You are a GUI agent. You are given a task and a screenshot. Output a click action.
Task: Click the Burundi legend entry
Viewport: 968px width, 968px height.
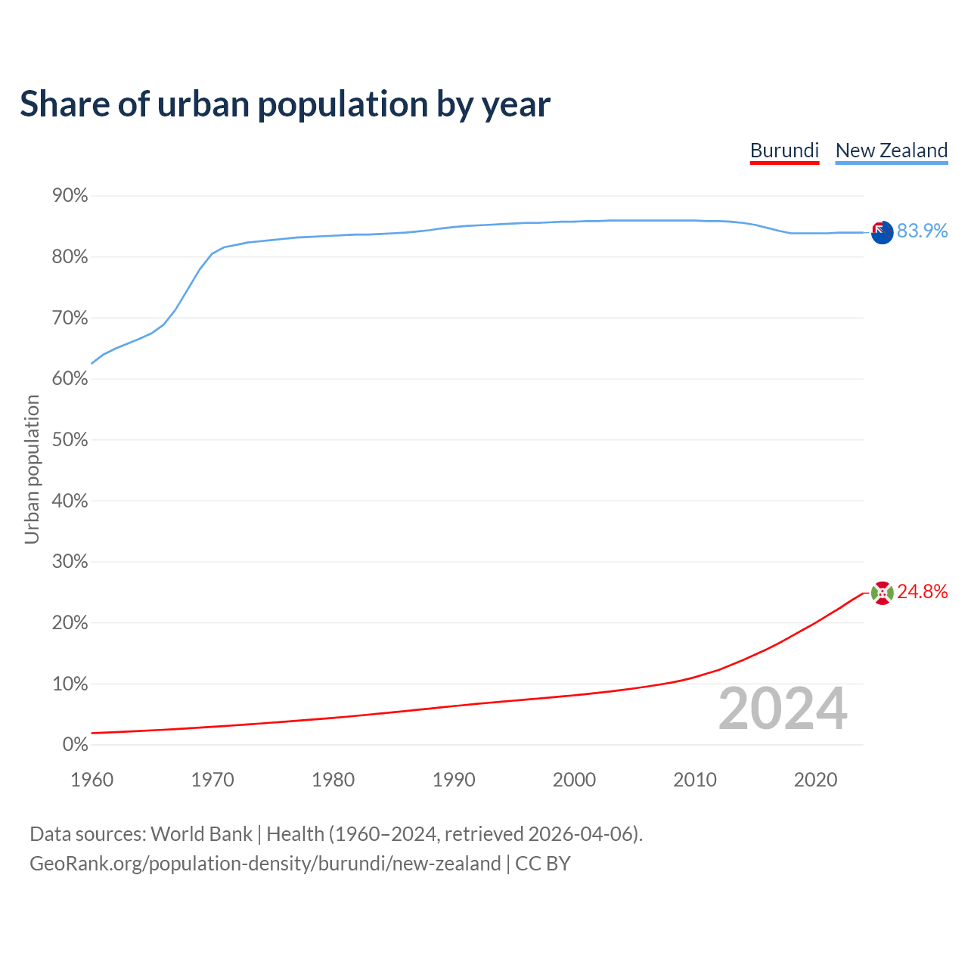click(x=784, y=150)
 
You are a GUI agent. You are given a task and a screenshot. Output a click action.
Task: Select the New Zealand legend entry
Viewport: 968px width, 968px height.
click(x=891, y=150)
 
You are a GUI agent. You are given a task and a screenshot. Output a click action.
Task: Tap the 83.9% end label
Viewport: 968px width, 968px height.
click(x=922, y=231)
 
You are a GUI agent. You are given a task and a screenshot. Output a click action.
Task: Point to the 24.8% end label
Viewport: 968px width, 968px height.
click(x=922, y=592)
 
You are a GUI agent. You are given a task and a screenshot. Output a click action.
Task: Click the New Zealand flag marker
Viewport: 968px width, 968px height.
click(x=882, y=232)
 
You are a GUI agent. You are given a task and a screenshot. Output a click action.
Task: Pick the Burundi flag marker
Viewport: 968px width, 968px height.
click(x=882, y=593)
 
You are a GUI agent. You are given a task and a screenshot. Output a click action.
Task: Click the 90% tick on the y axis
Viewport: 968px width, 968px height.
click(x=70, y=197)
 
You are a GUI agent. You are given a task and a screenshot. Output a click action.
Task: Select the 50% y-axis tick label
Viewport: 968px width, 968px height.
click(x=70, y=440)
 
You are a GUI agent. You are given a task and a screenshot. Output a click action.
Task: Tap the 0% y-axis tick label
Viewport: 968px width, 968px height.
click(x=76, y=745)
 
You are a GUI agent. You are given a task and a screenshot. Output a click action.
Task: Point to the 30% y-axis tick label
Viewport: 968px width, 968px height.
click(x=70, y=562)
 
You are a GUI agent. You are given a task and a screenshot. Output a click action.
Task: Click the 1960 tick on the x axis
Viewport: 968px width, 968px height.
click(x=92, y=780)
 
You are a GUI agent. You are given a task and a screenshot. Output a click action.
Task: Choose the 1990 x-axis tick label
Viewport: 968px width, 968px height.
click(x=454, y=780)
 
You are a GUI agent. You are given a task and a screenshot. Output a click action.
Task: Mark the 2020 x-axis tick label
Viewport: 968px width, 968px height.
click(x=815, y=780)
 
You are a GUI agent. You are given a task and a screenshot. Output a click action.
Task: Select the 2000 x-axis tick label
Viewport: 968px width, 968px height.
click(x=574, y=780)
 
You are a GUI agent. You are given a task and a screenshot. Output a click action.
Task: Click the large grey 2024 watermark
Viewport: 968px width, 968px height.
click(x=783, y=709)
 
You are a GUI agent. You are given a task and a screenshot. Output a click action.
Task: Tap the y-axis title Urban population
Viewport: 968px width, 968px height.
click(x=32, y=469)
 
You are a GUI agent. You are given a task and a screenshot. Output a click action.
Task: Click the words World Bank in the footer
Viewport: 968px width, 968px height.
click(x=201, y=834)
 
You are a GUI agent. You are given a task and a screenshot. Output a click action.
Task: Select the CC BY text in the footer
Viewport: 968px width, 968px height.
click(x=542, y=864)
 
